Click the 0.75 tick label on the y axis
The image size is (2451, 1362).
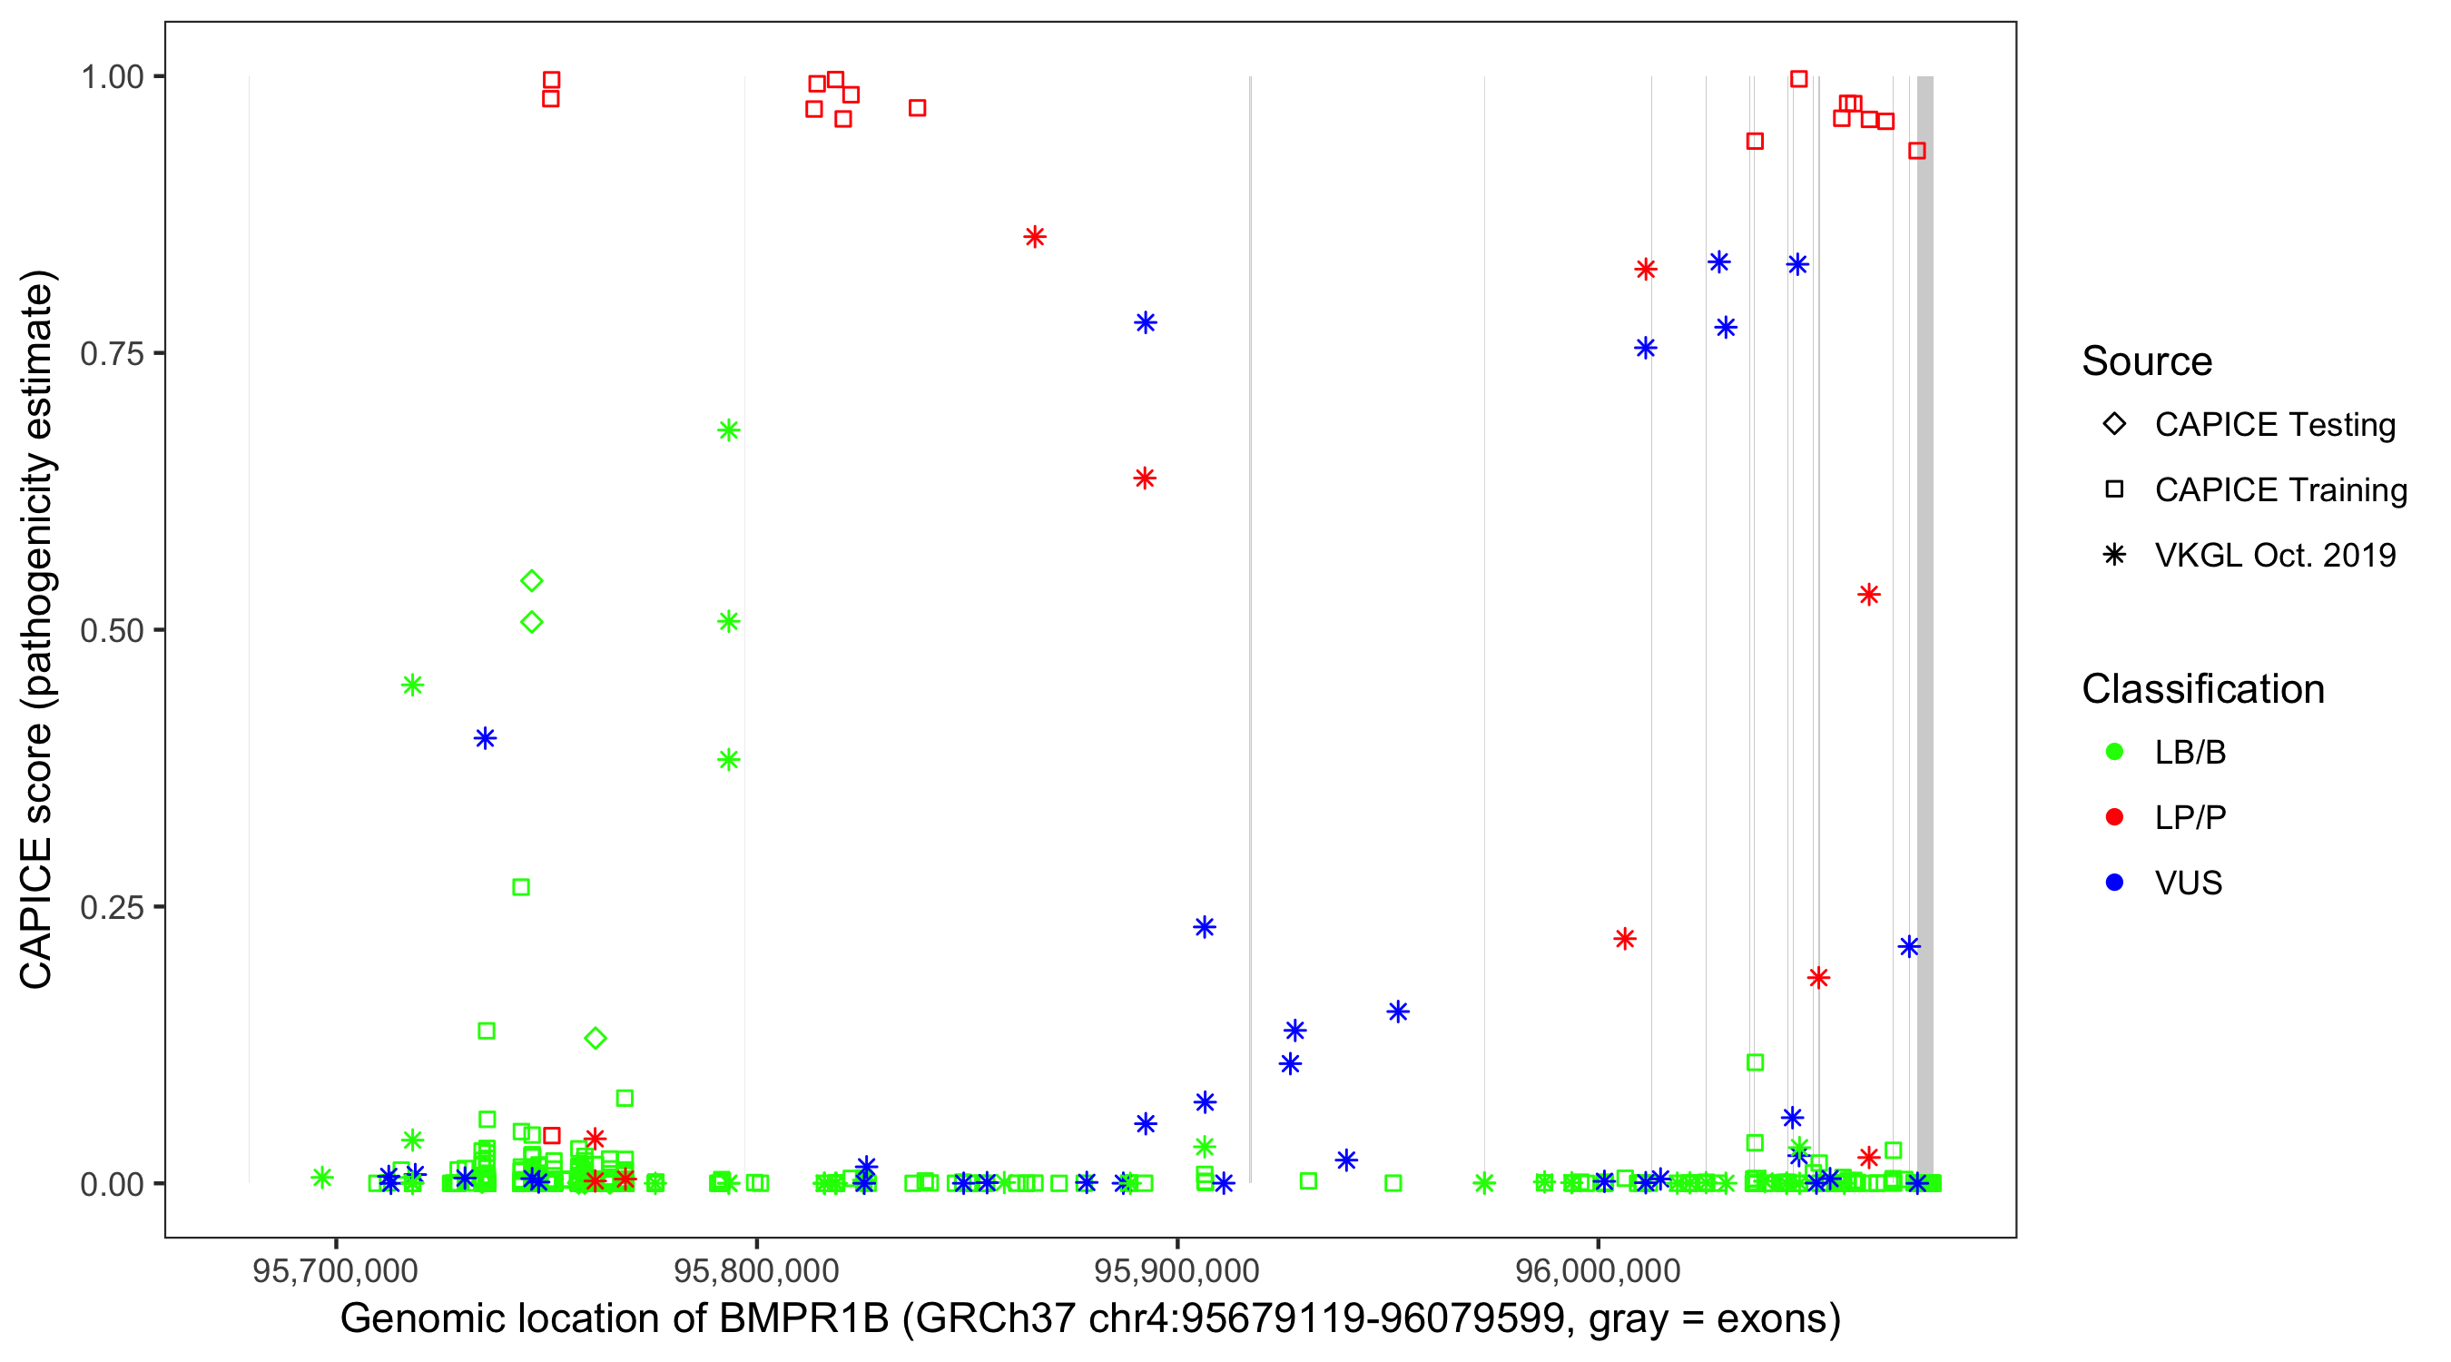(x=111, y=353)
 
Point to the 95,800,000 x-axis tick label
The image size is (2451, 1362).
(x=756, y=1270)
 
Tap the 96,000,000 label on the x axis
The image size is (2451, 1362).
(x=1598, y=1270)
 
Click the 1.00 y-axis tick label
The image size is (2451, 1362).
(x=111, y=76)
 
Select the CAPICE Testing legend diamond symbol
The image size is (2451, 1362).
(x=2114, y=423)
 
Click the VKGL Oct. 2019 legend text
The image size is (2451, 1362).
(x=2275, y=555)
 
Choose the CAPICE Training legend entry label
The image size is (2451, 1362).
(x=2280, y=489)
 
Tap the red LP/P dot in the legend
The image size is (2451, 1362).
(x=2114, y=817)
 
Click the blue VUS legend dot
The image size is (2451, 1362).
(x=2114, y=883)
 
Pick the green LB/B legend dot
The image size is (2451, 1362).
(x=2114, y=752)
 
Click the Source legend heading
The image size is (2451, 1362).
(x=2147, y=360)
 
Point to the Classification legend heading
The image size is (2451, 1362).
(x=2202, y=688)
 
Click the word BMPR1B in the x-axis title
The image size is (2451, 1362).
(x=804, y=1318)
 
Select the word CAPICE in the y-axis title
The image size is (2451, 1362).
(x=36, y=913)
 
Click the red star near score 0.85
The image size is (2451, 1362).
(x=1035, y=237)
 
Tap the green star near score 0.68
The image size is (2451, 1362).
(x=729, y=430)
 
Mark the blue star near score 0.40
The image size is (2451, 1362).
(x=486, y=737)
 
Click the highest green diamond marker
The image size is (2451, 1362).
(x=532, y=580)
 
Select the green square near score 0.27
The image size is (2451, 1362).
(x=521, y=887)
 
